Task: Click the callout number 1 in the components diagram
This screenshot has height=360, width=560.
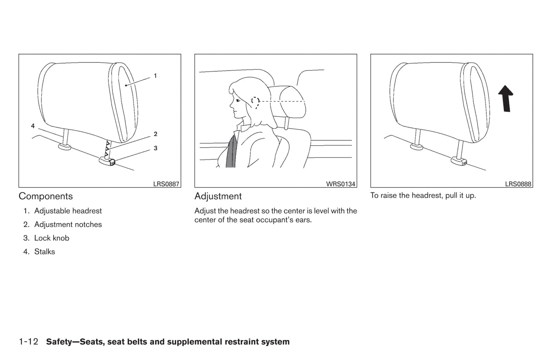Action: pyautogui.click(x=155, y=76)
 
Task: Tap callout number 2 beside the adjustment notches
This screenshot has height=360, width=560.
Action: pyautogui.click(x=155, y=134)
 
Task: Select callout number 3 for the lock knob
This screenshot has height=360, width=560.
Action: pyautogui.click(x=155, y=148)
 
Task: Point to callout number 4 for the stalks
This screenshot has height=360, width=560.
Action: pyautogui.click(x=33, y=126)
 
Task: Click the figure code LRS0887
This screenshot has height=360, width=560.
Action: pyautogui.click(x=166, y=184)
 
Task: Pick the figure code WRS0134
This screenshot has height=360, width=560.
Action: pyautogui.click(x=341, y=184)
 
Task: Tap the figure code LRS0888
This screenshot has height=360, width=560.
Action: pyautogui.click(x=518, y=184)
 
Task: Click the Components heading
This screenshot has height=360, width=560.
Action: pyautogui.click(x=46, y=196)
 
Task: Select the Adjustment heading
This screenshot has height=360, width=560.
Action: pyautogui.click(x=218, y=196)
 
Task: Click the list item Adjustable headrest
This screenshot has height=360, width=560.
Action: pyautogui.click(x=68, y=211)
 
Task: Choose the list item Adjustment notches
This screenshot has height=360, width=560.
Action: pyautogui.click(x=68, y=224)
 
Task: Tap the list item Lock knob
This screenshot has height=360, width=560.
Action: pyautogui.click(x=52, y=238)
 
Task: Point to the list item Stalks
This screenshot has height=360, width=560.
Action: pyautogui.click(x=45, y=251)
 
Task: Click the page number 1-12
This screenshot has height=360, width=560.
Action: pyautogui.click(x=29, y=341)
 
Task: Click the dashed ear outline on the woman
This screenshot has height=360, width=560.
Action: pyautogui.click(x=255, y=102)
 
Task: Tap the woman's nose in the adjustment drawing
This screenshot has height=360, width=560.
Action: pyautogui.click(x=231, y=105)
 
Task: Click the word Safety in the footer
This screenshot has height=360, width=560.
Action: pyautogui.click(x=59, y=342)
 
